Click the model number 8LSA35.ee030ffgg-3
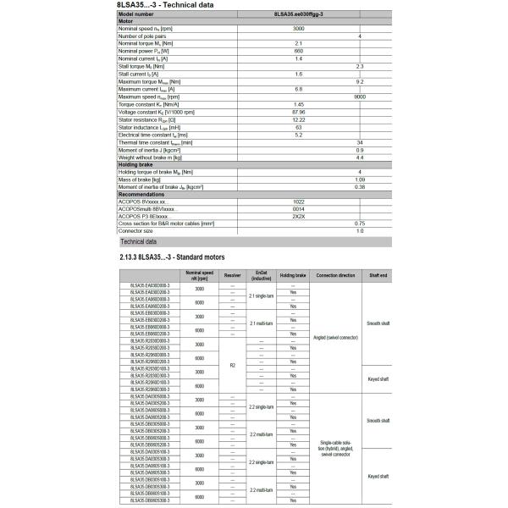click(298, 14)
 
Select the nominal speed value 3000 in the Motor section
click(298, 29)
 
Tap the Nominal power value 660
click(298, 51)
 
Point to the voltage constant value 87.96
click(298, 112)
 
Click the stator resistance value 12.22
click(298, 119)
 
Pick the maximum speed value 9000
click(360, 97)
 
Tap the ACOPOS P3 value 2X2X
click(298, 216)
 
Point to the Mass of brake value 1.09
click(360, 179)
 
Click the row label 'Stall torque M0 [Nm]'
click(141, 66)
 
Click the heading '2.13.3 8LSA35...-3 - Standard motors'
click(172, 256)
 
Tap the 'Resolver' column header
click(232, 276)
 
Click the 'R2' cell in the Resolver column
click(232, 364)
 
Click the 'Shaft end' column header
click(378, 276)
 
